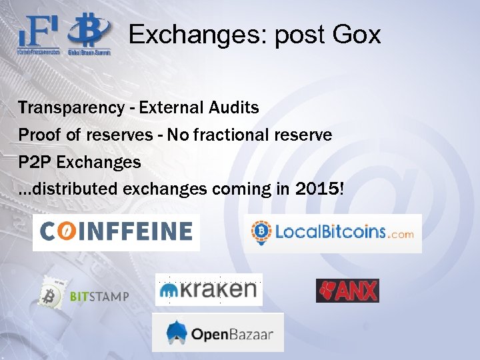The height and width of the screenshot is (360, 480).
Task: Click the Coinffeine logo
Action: [x=116, y=232]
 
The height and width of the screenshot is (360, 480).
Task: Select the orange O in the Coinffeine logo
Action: [x=66, y=232]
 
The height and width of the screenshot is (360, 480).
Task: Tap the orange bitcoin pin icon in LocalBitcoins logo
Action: [x=260, y=232]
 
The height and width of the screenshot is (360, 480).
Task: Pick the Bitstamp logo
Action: [x=84, y=295]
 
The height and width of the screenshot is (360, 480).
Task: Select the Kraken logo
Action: [x=209, y=289]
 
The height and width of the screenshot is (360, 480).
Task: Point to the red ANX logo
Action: [x=347, y=291]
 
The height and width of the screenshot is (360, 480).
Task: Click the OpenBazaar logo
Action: [x=218, y=332]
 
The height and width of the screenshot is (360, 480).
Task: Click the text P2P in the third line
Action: [x=33, y=162]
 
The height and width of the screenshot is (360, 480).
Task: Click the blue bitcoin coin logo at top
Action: [x=91, y=31]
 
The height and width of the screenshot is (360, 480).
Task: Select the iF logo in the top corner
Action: [x=39, y=32]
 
